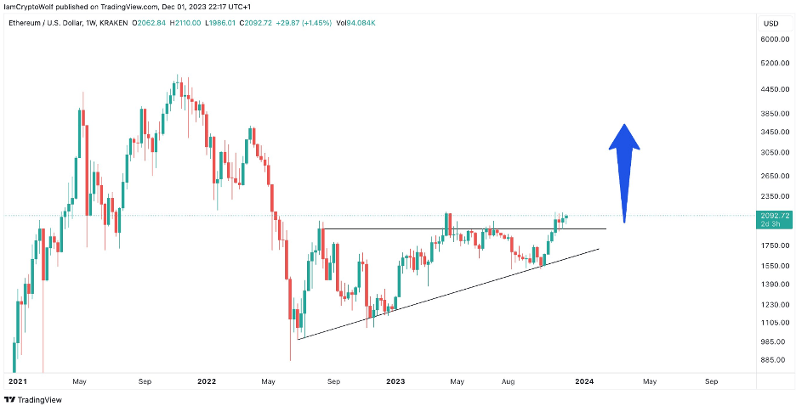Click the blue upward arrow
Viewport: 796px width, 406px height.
pyautogui.click(x=624, y=170)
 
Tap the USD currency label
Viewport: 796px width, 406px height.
pyautogui.click(x=772, y=22)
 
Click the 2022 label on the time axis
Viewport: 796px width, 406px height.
pyautogui.click(x=208, y=382)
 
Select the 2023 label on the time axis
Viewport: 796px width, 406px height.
pyautogui.click(x=396, y=382)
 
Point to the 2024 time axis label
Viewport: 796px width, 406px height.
pyautogui.click(x=585, y=382)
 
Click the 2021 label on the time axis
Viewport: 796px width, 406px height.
pyautogui.click(x=18, y=382)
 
